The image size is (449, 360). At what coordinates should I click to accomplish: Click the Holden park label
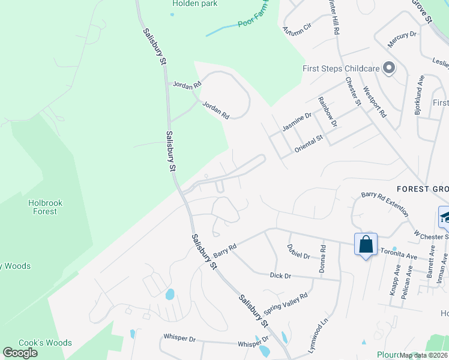194,4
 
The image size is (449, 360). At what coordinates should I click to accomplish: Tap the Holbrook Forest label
45,207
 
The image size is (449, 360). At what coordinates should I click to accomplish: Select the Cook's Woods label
45,343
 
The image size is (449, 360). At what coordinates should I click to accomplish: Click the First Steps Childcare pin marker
388,68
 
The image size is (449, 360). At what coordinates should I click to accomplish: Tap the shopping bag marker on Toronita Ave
366,245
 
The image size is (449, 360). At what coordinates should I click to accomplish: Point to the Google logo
20,353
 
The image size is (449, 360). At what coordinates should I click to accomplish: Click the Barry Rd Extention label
384,203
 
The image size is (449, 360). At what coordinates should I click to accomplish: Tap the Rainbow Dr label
328,112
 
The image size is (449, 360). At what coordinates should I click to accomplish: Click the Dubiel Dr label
298,255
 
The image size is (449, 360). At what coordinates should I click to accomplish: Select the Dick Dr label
280,275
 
